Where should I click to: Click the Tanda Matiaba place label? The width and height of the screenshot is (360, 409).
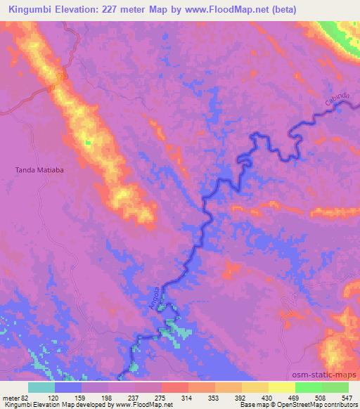[x=39, y=169]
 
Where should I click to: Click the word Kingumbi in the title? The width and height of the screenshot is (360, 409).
[x=29, y=9]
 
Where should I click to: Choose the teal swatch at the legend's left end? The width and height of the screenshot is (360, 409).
[x=41, y=387]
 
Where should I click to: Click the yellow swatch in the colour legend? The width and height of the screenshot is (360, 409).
[x=281, y=387]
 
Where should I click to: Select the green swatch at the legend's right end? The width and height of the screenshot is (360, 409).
[x=335, y=387]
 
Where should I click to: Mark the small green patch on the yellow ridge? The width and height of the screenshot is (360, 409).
[x=88, y=143]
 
